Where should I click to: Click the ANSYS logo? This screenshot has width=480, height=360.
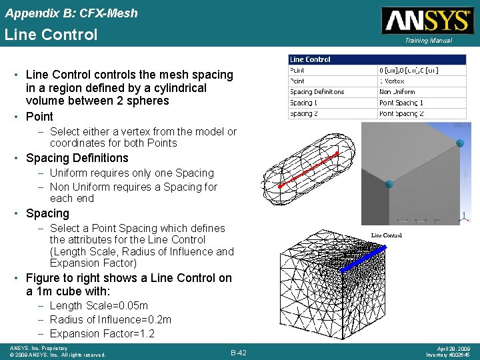(426, 20)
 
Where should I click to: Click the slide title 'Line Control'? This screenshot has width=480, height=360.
(51, 35)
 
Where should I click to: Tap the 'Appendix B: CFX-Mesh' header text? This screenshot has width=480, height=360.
(71, 13)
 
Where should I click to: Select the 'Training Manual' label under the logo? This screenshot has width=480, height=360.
(427, 41)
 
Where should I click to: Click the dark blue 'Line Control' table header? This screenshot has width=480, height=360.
(311, 59)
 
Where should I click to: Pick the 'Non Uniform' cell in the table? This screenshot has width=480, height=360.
(397, 92)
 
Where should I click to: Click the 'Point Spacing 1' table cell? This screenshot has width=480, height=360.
(401, 103)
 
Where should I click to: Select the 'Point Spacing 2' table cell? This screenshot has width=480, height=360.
(401, 113)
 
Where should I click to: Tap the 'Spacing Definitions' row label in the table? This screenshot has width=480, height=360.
(317, 92)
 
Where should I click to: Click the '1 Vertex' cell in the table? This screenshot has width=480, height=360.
(391, 81)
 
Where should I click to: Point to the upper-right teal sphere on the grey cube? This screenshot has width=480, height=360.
(459, 143)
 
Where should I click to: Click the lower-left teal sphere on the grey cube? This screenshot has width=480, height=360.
(389, 184)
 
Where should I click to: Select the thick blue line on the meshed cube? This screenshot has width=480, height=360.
(365, 260)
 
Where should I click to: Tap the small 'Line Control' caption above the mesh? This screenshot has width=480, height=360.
(387, 235)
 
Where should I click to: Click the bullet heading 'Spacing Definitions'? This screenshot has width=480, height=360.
(77, 158)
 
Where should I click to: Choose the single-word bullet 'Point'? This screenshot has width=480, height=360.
(39, 116)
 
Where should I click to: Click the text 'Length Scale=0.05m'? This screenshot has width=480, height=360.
(99, 305)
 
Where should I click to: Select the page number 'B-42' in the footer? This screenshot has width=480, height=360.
(239, 353)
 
